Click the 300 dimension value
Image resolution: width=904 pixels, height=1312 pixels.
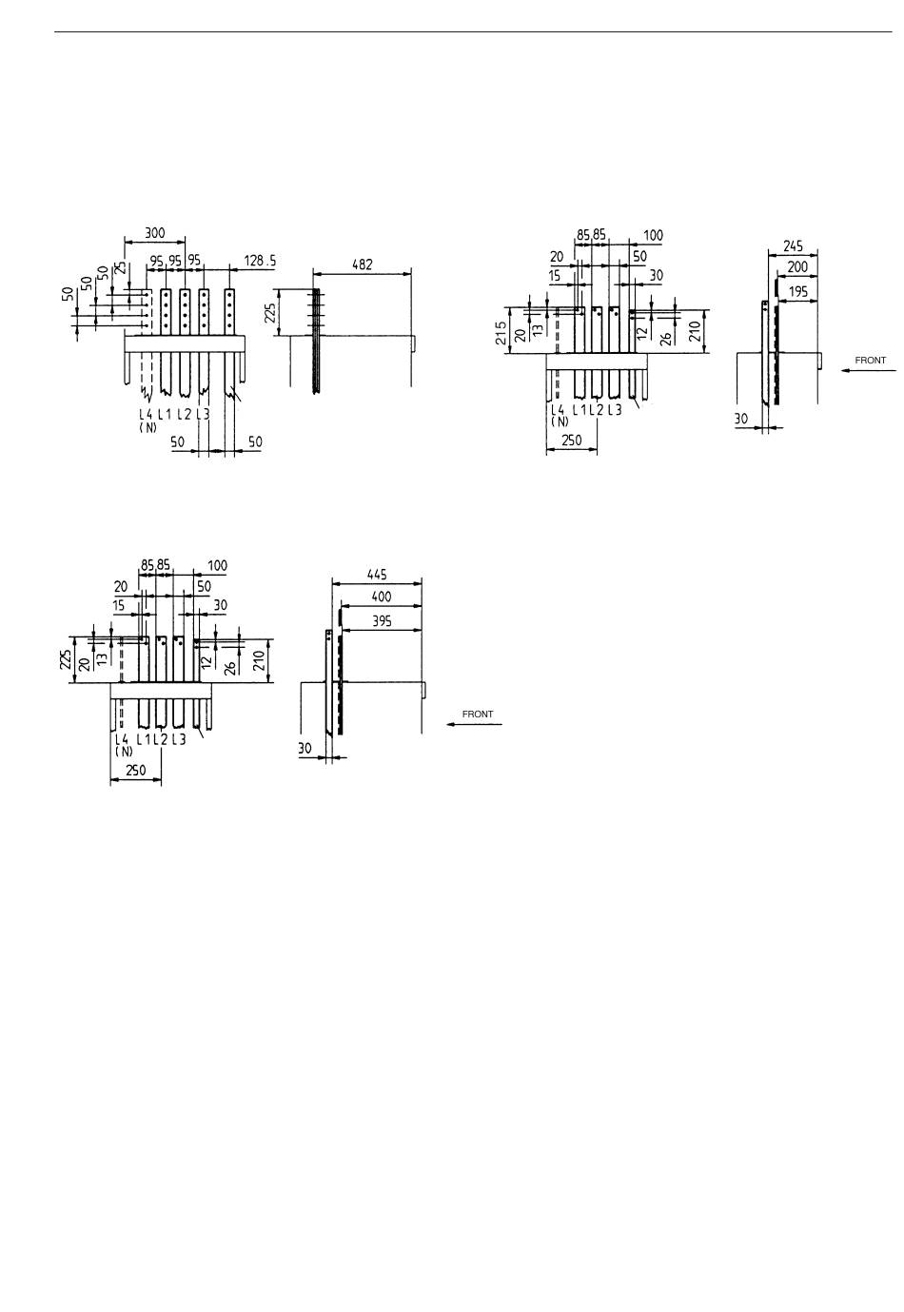coord(154,231)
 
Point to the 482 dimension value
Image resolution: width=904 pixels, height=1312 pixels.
coord(363,264)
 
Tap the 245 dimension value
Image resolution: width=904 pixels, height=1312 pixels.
coord(794,245)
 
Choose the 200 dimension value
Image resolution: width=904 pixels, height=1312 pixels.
coord(797,267)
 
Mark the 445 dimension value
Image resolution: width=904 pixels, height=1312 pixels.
coord(378,575)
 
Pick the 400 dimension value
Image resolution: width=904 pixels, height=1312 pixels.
coord(381,597)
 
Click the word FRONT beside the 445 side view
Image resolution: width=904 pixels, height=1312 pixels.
coord(478,714)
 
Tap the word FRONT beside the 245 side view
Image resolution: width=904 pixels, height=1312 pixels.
coord(870,361)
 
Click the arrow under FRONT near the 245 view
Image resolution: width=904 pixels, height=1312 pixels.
coord(863,372)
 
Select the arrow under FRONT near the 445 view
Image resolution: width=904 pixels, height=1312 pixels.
coord(473,725)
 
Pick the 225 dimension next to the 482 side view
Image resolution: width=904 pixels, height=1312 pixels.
coord(269,313)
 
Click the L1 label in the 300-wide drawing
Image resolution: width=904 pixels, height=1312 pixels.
coord(165,414)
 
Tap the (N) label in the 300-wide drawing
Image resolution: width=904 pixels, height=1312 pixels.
coord(146,426)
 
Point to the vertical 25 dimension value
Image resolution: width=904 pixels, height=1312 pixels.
coord(120,268)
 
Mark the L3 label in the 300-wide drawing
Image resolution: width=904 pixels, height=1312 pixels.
coord(203,414)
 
